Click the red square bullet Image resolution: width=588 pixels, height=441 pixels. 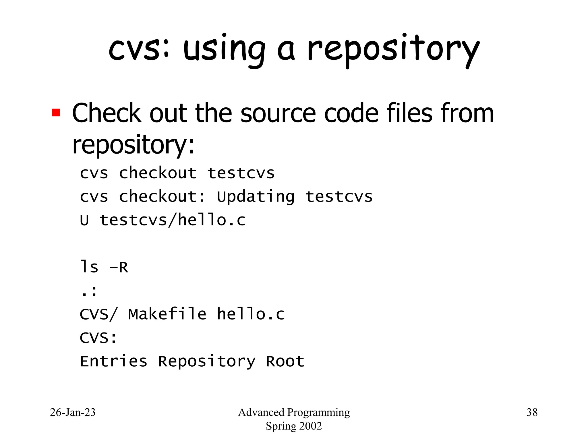pos(56,113)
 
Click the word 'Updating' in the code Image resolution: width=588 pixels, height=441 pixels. pos(256,197)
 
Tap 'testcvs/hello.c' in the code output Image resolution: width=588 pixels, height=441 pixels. pos(173,220)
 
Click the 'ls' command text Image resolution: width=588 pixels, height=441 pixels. pos(89,267)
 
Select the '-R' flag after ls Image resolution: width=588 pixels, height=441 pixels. pos(119,268)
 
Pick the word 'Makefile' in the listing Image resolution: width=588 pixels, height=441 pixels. pos(167,314)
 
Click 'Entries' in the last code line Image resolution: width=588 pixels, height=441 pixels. pos(113,361)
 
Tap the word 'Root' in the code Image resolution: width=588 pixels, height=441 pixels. pos(285,361)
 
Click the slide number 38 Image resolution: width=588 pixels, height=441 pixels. pos(532,412)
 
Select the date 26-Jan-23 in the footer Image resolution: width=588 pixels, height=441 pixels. pos(73,412)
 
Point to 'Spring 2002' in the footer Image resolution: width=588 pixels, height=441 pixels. pos(294,426)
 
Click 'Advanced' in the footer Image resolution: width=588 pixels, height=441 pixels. pos(261,412)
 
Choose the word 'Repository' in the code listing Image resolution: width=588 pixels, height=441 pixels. pos(207,361)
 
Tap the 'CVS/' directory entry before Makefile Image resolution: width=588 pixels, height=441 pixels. pos(98,314)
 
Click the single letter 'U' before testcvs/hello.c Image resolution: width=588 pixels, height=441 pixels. pos(84,220)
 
